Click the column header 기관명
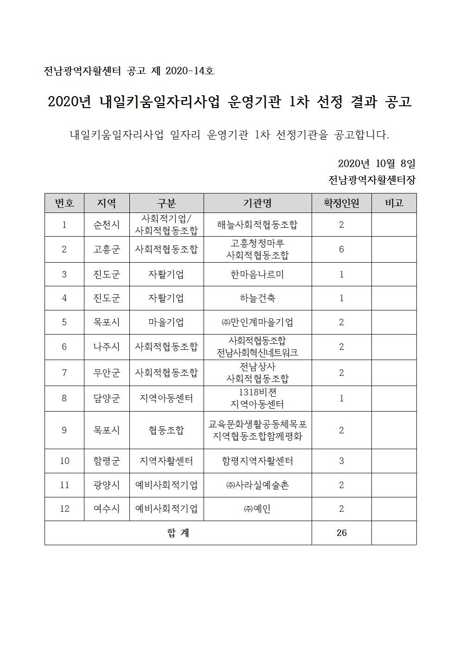tap(257, 203)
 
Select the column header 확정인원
tap(341, 203)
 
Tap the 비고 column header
tap(394, 203)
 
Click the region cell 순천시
tap(107, 225)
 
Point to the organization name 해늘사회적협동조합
tap(257, 225)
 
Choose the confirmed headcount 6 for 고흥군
tap(341, 250)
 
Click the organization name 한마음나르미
tap(257, 274)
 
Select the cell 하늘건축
tap(257, 298)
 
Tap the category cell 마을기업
tap(166, 322)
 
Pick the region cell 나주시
tap(107, 347)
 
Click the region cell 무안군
tap(107, 373)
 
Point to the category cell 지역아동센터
tap(166, 398)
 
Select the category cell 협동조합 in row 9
tap(166, 430)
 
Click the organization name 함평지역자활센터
tap(257, 461)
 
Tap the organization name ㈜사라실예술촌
tap(257, 485)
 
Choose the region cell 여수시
tap(107, 509)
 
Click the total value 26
tap(341, 533)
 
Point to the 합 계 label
tap(178, 533)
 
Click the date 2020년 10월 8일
tap(376, 163)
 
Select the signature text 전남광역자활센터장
tap(371, 180)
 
